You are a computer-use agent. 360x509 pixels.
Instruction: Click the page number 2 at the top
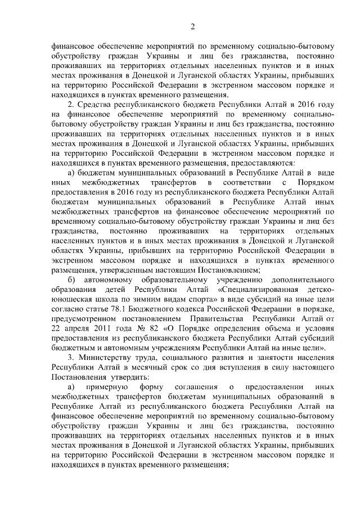(192, 26)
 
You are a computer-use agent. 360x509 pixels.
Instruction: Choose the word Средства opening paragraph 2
(98, 106)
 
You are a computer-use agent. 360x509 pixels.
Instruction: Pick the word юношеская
(71, 298)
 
